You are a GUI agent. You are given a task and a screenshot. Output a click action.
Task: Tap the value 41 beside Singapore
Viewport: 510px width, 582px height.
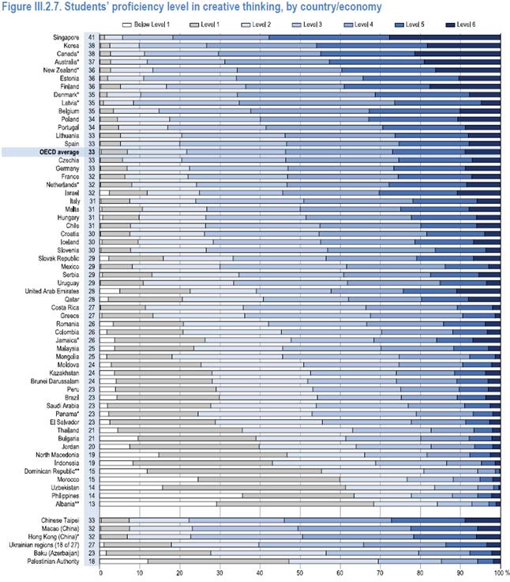[91, 37]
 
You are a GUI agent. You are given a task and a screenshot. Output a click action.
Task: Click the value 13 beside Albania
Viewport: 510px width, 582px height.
[91, 503]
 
